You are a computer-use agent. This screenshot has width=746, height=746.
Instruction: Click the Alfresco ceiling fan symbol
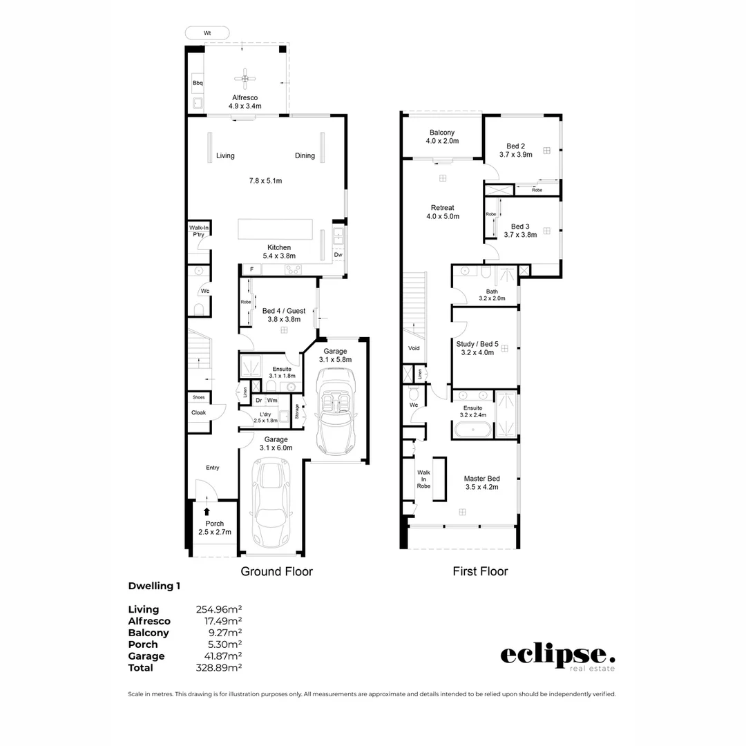click(245, 79)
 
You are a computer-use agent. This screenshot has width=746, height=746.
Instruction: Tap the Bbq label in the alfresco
click(198, 84)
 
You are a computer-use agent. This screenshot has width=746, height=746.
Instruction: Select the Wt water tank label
click(207, 32)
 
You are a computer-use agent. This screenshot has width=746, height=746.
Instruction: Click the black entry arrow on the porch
click(207, 512)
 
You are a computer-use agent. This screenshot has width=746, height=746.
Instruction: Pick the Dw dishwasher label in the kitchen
click(338, 255)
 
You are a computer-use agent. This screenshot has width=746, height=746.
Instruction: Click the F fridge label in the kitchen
click(251, 269)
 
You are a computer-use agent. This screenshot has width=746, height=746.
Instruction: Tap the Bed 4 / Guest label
click(283, 311)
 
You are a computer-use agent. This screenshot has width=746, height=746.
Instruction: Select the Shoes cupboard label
click(199, 398)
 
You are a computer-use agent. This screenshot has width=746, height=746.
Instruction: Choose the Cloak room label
click(199, 412)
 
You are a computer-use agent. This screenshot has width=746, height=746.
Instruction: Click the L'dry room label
click(265, 414)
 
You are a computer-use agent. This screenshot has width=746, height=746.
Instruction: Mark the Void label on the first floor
click(414, 349)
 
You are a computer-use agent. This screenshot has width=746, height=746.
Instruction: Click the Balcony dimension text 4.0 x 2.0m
click(442, 141)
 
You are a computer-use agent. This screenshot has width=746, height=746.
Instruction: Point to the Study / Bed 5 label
click(477, 343)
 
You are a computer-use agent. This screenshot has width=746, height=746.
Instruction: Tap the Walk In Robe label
click(423, 479)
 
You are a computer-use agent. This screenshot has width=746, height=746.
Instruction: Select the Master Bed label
click(481, 478)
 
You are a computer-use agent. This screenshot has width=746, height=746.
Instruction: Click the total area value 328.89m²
click(219, 668)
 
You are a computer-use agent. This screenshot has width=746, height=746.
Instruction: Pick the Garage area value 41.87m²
click(219, 656)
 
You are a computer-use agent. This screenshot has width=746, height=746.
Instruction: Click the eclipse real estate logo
click(557, 657)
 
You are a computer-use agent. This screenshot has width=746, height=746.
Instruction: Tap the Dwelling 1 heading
click(155, 586)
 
